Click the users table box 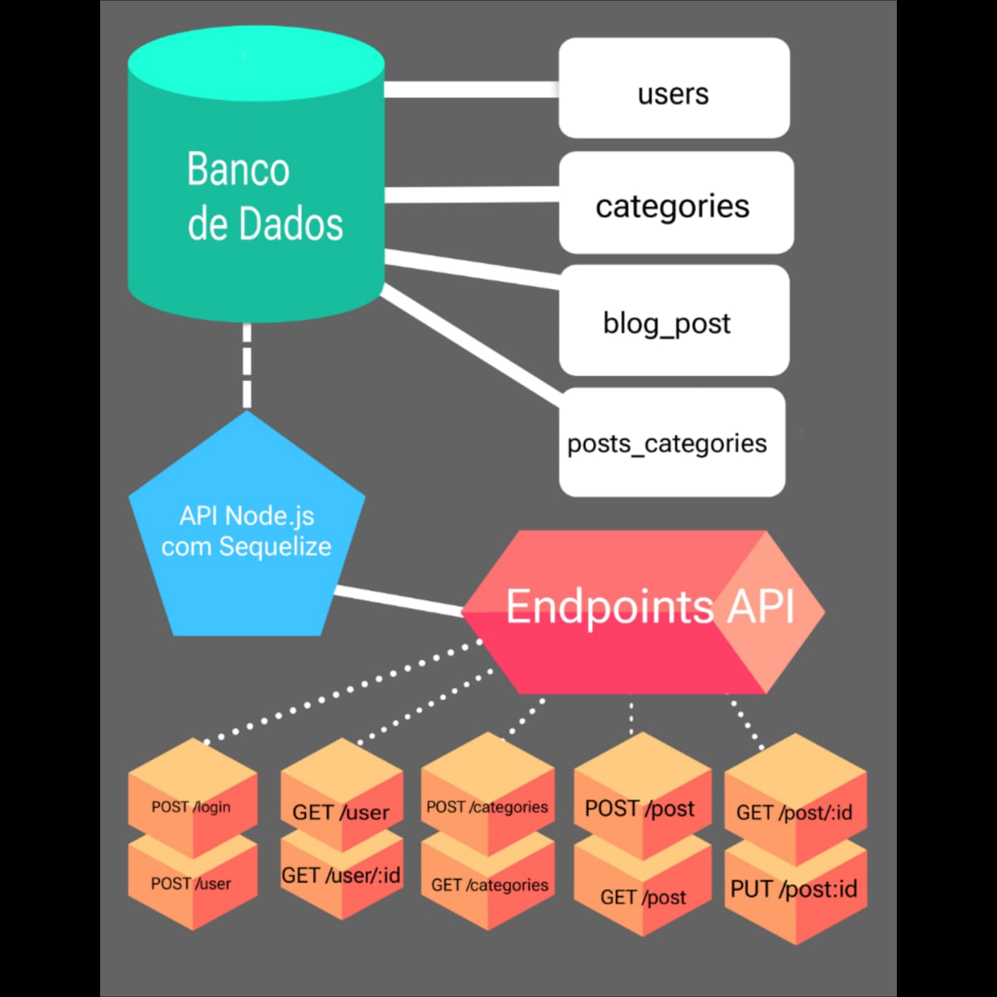[x=673, y=88]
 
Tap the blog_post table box [x=673, y=321]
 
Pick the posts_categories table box [x=671, y=442]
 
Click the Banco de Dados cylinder [x=255, y=183]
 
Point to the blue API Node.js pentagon [x=247, y=536]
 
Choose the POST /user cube [x=192, y=885]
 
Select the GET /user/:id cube [x=342, y=878]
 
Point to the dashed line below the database [x=247, y=365]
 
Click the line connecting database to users [x=471, y=89]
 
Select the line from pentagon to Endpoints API [x=398, y=601]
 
